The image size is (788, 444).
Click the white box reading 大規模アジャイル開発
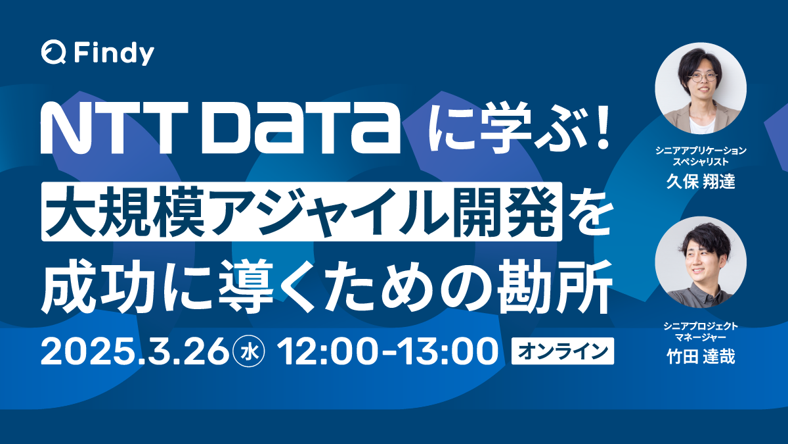pos(303,211)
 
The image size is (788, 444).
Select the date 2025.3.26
pos(134,351)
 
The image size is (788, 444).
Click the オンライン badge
pos(563,351)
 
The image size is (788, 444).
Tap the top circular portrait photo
pos(701,88)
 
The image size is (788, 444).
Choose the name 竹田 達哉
pos(701,357)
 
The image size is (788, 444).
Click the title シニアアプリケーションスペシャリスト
pos(701,156)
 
